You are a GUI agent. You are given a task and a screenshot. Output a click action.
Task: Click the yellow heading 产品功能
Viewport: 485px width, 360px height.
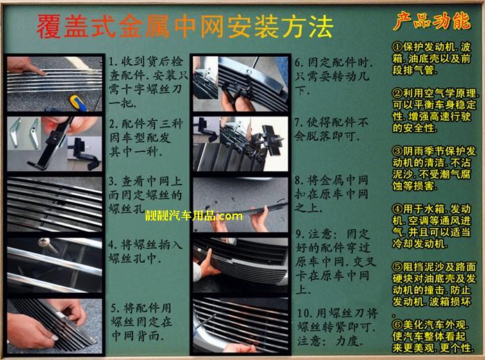coord(432,21)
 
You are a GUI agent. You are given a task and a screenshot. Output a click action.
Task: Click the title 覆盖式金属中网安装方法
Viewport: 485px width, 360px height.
coord(185,26)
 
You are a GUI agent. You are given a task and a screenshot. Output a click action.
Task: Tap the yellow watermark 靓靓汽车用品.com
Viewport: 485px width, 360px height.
coord(194,216)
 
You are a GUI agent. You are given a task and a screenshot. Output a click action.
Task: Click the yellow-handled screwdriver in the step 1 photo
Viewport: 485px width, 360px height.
coord(78,103)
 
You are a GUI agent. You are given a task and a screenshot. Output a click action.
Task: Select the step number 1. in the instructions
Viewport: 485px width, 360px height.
coord(113,62)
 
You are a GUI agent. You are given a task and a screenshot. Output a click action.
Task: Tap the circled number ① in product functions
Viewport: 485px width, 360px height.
coord(398,47)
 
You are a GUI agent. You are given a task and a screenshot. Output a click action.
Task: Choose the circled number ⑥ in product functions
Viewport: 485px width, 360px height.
coord(398,325)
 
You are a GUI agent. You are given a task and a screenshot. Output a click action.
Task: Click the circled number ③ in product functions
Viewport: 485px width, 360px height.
coord(398,151)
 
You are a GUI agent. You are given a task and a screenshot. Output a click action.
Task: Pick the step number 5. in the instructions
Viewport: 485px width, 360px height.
coord(116,308)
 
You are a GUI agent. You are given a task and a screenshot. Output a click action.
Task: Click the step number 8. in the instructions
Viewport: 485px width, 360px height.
coord(300,180)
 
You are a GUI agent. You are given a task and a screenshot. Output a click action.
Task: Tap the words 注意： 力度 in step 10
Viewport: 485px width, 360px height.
coord(330,341)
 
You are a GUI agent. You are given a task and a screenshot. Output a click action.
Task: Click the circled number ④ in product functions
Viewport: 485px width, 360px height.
coord(398,209)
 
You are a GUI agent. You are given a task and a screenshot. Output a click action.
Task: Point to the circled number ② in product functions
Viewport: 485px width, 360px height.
coord(398,93)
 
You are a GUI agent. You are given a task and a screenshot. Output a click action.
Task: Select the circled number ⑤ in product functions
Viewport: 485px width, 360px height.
coord(398,267)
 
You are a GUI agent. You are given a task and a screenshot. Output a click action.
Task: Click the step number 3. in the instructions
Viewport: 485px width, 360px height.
coord(113,181)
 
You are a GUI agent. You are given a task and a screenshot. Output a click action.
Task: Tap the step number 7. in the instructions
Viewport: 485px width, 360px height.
coord(299,123)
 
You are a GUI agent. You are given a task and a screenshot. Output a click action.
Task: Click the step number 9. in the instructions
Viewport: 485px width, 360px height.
coord(300,234)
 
